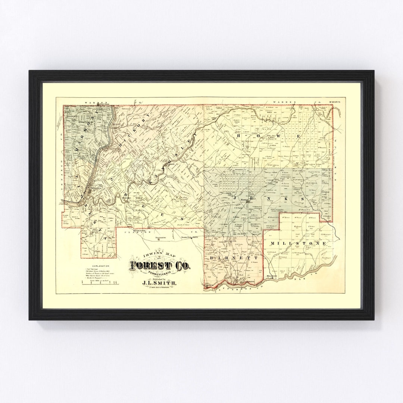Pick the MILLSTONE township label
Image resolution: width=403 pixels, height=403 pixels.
tap(300, 243)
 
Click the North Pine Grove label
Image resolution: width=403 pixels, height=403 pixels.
tap(188, 237)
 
